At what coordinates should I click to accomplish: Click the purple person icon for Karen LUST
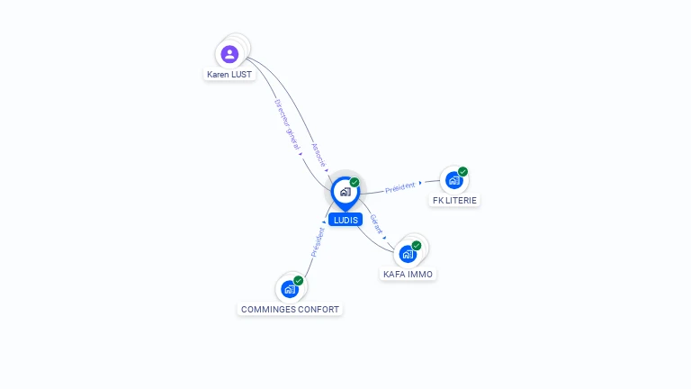pos(229,54)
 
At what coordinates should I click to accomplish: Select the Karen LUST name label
pos(229,75)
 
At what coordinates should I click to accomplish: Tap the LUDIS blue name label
pos(345,220)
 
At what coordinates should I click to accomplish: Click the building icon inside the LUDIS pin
pos(345,192)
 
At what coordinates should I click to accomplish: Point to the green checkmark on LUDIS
pos(354,182)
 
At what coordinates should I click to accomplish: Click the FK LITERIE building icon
pos(453,180)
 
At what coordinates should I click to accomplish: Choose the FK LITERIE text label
pos(454,201)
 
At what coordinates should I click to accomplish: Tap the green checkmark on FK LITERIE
pos(462,172)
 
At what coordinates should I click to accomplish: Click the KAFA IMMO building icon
pos(408,254)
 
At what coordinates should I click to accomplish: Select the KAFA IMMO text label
pos(408,275)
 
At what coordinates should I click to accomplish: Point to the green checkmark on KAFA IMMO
pos(417,246)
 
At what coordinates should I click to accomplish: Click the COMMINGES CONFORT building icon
pos(290,289)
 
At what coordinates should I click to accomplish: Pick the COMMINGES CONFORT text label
pos(290,310)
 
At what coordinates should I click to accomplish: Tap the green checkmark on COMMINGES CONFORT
pos(299,281)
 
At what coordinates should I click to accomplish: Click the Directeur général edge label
pos(287,124)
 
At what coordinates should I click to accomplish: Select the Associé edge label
pos(319,155)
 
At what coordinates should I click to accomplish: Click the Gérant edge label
pos(376,224)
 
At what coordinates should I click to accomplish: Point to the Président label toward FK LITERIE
pos(400,187)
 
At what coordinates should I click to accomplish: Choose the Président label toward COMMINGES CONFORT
pos(318,242)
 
